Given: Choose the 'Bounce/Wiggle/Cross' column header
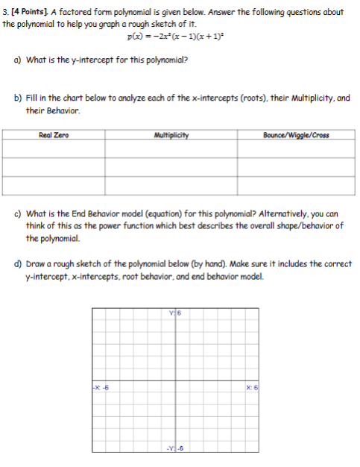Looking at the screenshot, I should pyautogui.click(x=296, y=135).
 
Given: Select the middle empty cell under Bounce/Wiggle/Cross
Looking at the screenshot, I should pyautogui.click(x=296, y=167).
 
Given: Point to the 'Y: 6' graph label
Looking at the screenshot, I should pyautogui.click(x=176, y=314).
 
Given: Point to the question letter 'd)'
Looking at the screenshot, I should pyautogui.click(x=19, y=263).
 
